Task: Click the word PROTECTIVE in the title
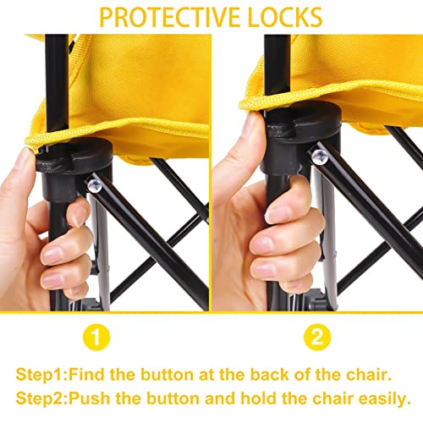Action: (171, 18)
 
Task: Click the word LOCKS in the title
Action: (285, 18)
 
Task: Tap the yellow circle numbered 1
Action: (96, 337)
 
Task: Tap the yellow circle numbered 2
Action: (317, 337)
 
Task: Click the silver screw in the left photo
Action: (95, 186)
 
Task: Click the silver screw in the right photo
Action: (320, 157)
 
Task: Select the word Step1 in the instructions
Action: (41, 375)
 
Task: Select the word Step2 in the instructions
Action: (41, 398)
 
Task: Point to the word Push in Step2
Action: (90, 398)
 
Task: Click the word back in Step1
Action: (269, 375)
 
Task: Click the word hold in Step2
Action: (258, 398)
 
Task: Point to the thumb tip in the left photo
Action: (27, 157)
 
